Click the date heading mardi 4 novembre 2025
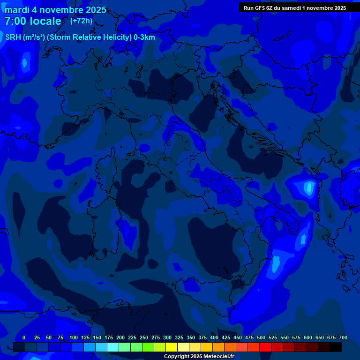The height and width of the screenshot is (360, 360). click(55, 10)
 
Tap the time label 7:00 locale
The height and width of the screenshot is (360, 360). click(33, 21)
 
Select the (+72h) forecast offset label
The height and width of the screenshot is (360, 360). click(81, 21)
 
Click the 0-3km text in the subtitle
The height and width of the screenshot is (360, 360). click(144, 37)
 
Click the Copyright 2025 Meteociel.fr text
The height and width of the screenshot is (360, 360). click(199, 356)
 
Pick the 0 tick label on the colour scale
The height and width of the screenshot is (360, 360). click(24, 337)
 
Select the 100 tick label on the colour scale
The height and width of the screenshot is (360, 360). click(74, 337)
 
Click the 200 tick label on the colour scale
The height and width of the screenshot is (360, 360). click(120, 337)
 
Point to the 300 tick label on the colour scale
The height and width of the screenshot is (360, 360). click(167, 337)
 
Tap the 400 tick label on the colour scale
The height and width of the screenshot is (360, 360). click(214, 337)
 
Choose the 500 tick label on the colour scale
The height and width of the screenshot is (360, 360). click(261, 337)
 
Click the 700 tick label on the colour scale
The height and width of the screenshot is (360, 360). click(343, 337)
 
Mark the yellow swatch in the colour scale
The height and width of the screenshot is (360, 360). click(172, 347)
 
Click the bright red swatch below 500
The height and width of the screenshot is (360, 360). click(265, 347)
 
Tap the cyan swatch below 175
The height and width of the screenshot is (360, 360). click(113, 347)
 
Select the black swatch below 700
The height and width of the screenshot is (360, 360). click(336, 347)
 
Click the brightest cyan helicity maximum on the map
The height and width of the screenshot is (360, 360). click(308, 188)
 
